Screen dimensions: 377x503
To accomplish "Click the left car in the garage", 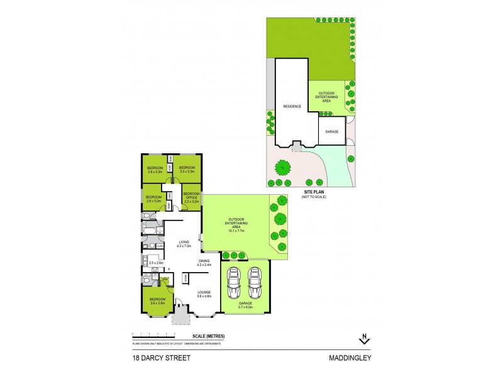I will coord(233,283).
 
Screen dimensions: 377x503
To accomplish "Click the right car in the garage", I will coord(255,283).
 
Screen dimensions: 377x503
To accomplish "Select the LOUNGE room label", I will coord(204,293).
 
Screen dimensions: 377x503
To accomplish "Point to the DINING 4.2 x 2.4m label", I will coord(204,262).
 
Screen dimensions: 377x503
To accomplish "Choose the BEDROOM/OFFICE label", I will coord(191,197).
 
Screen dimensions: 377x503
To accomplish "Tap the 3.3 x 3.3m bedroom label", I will coord(187,169).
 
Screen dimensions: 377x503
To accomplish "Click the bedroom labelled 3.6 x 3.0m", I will coord(157,301).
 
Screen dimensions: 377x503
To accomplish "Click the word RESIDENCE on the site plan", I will coord(291,107).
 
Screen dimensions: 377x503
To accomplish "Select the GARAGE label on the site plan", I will coord(331,132).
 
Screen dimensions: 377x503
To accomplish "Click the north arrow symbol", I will coord(364,339).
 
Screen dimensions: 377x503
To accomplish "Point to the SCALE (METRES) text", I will coord(210,337).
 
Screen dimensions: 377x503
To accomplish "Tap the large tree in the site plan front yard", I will coord(283,168).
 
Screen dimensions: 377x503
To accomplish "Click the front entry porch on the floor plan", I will coord(180,314).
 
